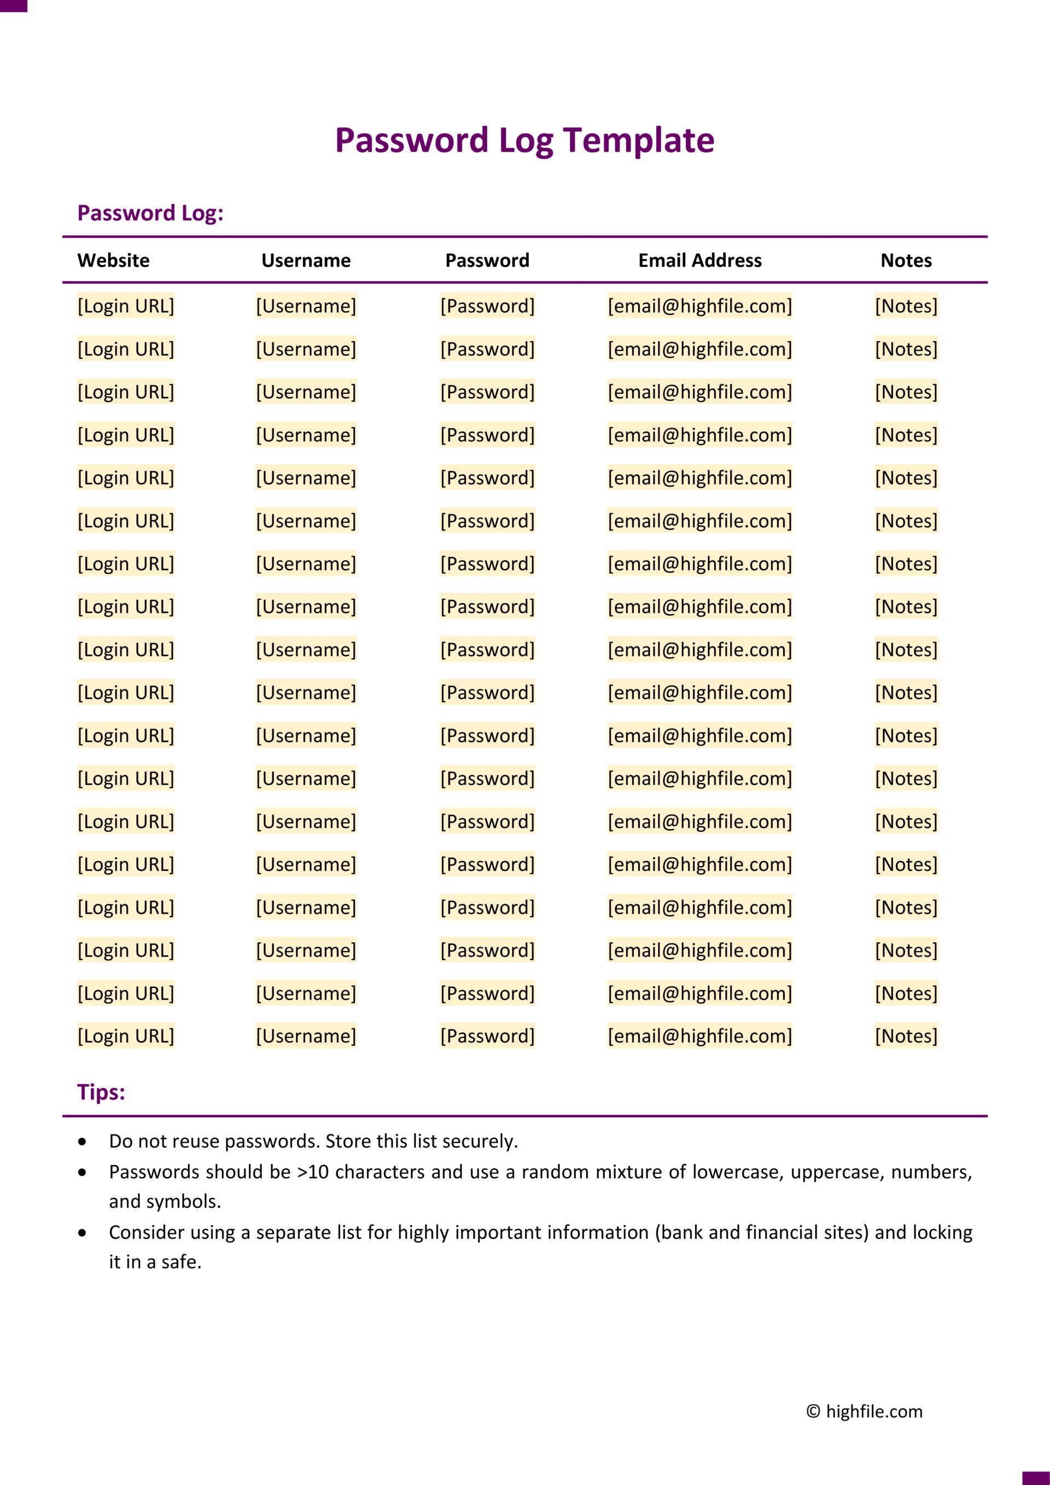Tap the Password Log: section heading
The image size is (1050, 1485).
150,213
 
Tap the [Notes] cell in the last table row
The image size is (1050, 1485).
906,1035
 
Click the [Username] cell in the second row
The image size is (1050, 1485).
306,350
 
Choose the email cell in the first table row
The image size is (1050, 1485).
699,306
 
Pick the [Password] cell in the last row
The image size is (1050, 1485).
487,1035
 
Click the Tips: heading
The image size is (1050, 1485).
101,1092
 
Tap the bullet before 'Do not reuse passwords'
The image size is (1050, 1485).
82,1142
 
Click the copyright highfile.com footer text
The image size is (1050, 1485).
865,1411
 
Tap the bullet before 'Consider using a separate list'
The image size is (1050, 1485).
82,1233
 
